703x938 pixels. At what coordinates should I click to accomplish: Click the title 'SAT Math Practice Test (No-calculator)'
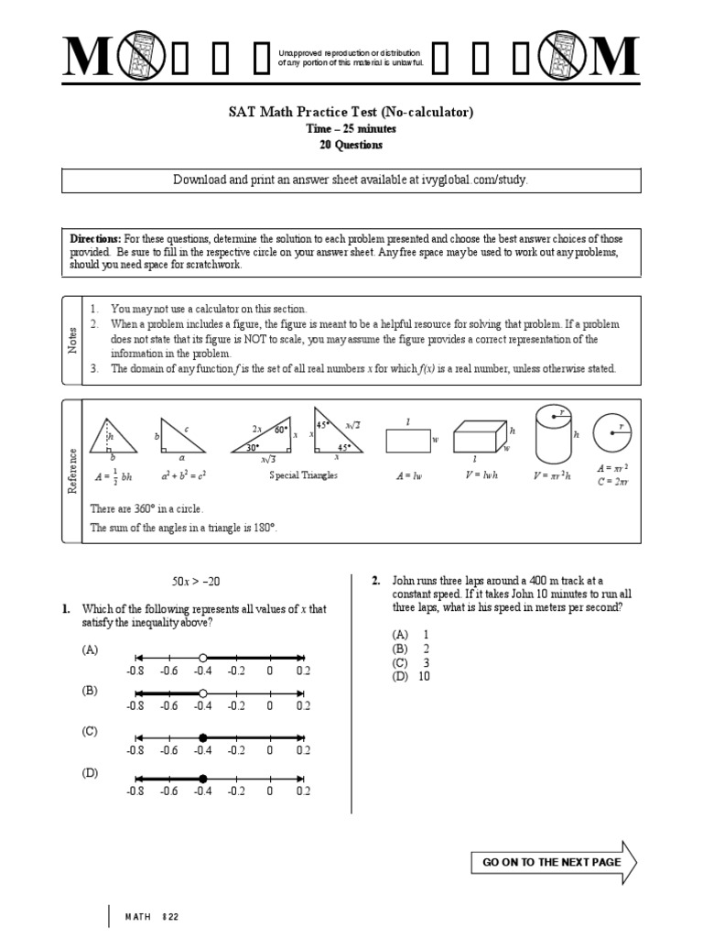pos(351,113)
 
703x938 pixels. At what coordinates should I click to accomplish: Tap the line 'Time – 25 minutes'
pos(351,129)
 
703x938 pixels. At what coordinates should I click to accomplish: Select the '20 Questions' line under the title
pos(351,145)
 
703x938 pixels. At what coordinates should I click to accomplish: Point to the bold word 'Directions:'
pos(95,238)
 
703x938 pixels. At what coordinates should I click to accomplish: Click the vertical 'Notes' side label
pos(72,341)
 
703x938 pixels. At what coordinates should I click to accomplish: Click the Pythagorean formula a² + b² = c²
pos(184,476)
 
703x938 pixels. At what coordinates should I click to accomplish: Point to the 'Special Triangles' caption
pos(303,475)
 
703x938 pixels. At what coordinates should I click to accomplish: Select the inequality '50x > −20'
pos(197,582)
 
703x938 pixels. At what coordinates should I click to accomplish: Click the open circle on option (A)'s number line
pos(203,658)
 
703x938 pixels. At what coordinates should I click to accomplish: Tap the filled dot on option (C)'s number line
pos(203,737)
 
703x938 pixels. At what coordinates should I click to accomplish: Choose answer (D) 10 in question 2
pos(411,677)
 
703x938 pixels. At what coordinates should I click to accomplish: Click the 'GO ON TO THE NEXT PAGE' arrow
pos(554,862)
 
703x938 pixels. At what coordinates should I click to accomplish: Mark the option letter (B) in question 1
pos(90,691)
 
